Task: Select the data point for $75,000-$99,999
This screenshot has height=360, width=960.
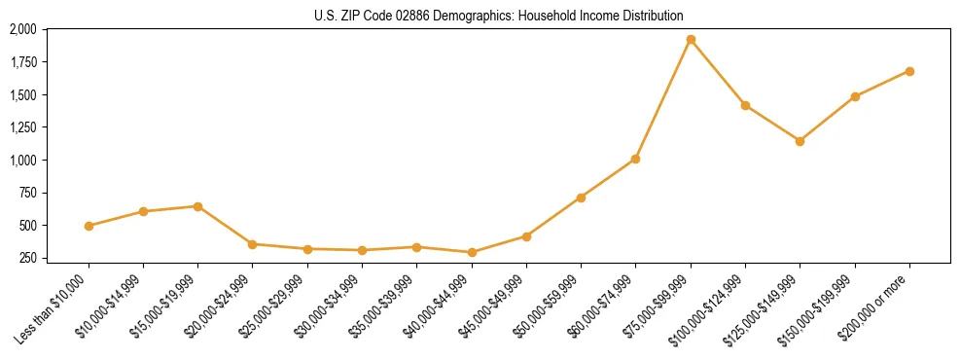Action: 691,40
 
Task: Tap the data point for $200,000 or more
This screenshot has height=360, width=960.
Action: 909,71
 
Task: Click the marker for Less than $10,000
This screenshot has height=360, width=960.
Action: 89,226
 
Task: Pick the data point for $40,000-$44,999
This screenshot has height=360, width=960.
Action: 472,252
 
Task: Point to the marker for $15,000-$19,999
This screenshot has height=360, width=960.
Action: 197,206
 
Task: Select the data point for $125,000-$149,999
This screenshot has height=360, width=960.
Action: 800,141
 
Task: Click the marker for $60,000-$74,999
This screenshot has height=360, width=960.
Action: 635,159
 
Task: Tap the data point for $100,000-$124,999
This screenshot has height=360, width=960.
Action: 745,105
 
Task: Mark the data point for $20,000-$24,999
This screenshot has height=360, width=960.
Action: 253,244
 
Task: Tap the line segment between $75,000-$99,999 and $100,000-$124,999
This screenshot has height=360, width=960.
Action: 718,73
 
